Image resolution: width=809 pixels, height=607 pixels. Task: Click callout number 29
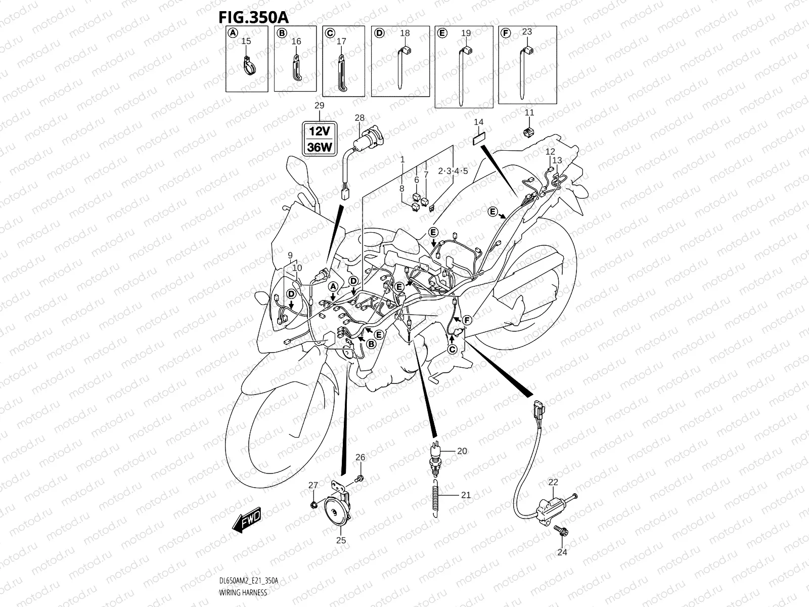[x=319, y=106]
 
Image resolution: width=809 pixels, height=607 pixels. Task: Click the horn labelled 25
[x=338, y=511]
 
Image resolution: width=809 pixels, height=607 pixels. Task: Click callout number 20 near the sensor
[x=462, y=451]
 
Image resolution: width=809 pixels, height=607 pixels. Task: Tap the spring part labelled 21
[x=435, y=498]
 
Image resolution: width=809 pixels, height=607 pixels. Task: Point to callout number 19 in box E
[x=466, y=33]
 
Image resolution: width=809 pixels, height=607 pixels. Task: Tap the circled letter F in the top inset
[x=504, y=33]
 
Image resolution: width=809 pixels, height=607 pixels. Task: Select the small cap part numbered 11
[x=528, y=133]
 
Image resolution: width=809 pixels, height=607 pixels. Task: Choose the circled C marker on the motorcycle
[x=453, y=349]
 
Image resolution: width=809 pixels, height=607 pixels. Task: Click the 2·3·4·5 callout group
[x=453, y=171]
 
